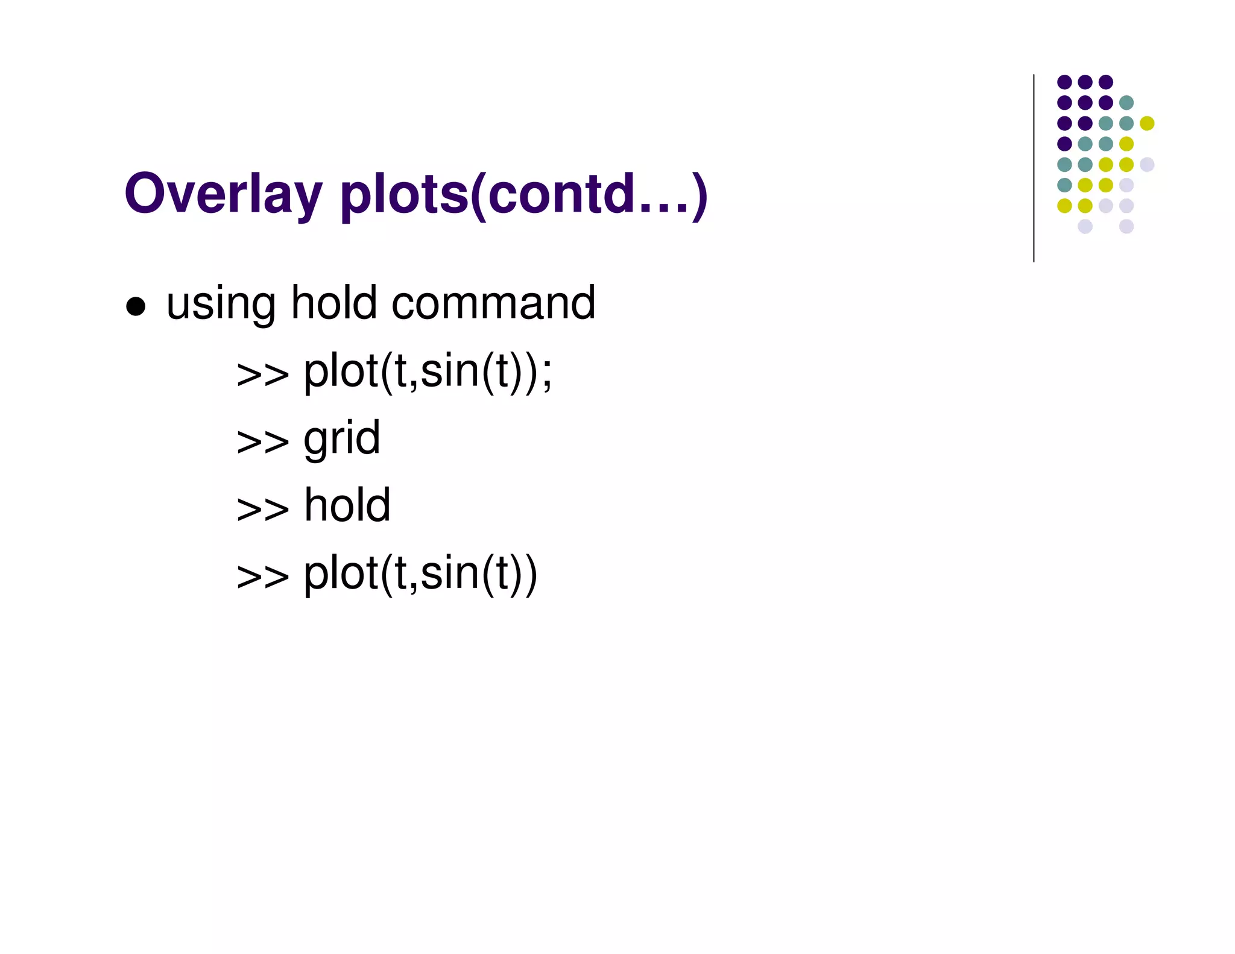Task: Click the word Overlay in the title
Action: pyautogui.click(x=223, y=194)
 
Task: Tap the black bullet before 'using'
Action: pyautogui.click(x=136, y=306)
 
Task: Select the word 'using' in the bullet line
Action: pyautogui.click(x=221, y=304)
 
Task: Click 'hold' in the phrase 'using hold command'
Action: pyautogui.click(x=333, y=303)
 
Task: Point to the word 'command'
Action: pyautogui.click(x=493, y=303)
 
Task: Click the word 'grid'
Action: pyautogui.click(x=341, y=440)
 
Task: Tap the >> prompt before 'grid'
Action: pyautogui.click(x=262, y=441)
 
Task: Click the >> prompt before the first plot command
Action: pyautogui.click(x=262, y=374)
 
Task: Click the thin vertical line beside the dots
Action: pyautogui.click(x=1034, y=169)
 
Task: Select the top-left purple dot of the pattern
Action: pyautogui.click(x=1064, y=82)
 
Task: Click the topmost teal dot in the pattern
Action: pyautogui.click(x=1126, y=103)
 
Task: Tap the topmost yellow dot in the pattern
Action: pyautogui.click(x=1146, y=123)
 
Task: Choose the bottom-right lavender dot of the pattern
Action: pyautogui.click(x=1126, y=226)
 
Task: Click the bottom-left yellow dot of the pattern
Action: pyautogui.click(x=1064, y=206)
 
